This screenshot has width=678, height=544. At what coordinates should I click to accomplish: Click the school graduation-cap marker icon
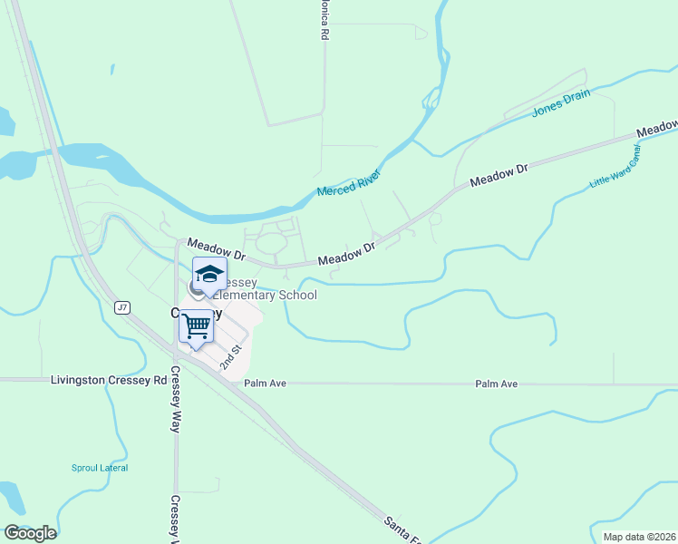(x=209, y=275)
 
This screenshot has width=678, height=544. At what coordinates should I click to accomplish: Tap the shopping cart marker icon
(x=196, y=326)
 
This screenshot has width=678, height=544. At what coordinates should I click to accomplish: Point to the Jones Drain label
(x=560, y=101)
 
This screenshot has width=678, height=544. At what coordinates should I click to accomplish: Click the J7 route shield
(x=122, y=308)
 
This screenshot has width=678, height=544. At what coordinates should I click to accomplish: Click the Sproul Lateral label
(x=100, y=468)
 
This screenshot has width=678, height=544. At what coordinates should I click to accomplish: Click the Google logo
(x=30, y=533)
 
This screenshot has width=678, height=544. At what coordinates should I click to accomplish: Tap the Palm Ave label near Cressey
(x=265, y=384)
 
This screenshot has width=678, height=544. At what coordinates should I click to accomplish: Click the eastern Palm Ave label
(x=496, y=384)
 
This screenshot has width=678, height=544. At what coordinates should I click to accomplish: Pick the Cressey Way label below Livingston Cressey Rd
(x=176, y=408)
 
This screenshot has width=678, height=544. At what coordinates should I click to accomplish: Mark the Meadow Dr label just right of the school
(x=346, y=254)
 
